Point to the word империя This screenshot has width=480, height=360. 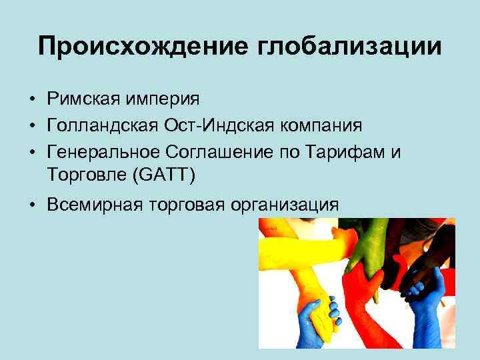[163, 99]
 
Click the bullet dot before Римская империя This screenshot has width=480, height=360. [32, 100]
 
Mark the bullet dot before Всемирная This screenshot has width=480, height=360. [32, 205]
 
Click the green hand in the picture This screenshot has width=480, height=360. [363, 247]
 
